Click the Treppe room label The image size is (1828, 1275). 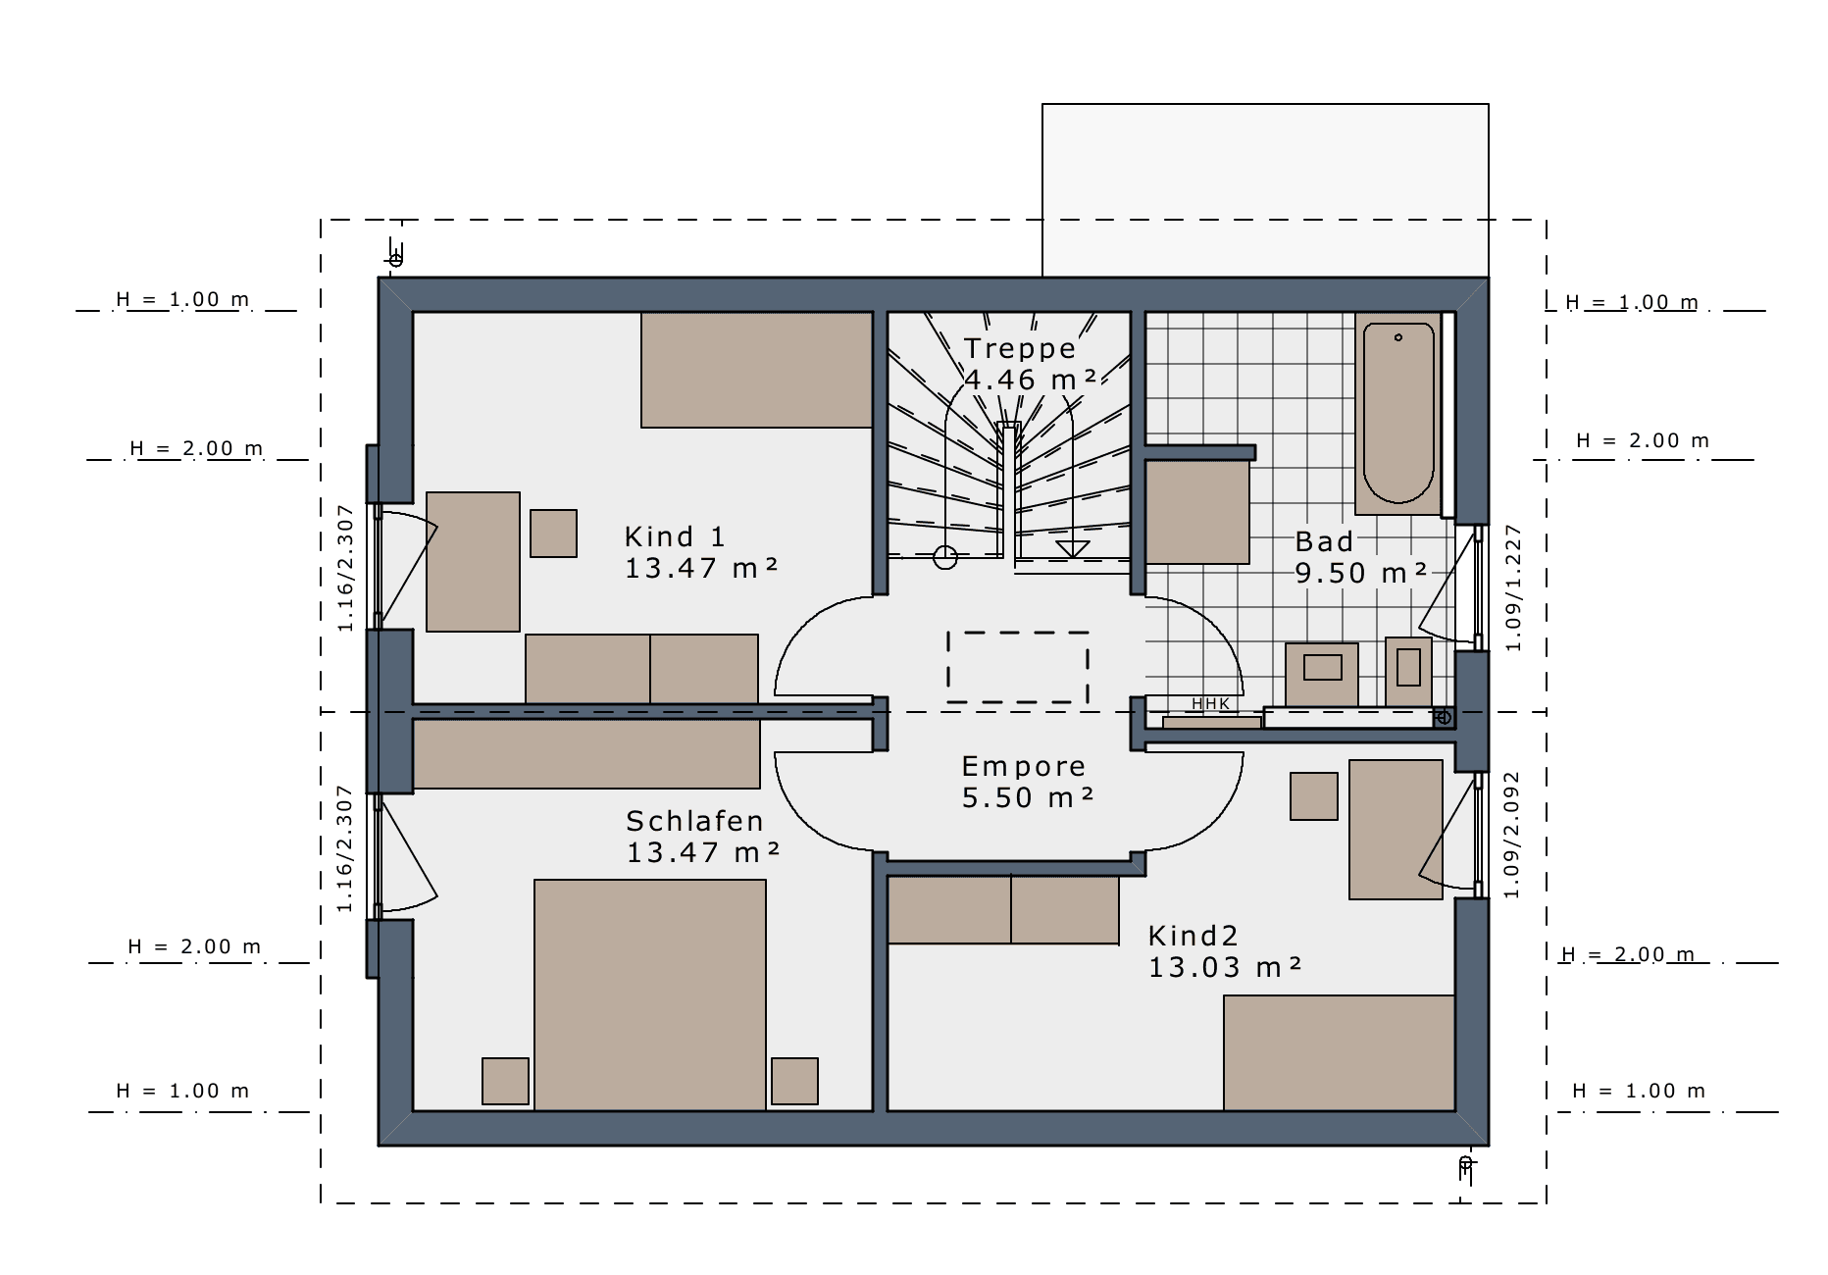point(1020,349)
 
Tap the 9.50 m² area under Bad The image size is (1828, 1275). point(1360,573)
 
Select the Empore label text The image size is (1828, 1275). point(1023,766)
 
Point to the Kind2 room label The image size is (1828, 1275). point(1193,936)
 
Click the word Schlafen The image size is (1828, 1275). point(694,821)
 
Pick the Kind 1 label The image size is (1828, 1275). point(675,536)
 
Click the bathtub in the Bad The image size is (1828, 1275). point(1398,413)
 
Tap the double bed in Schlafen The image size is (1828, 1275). point(650,994)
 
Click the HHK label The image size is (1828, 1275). point(1210,704)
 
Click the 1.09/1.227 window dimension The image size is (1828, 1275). point(1513,587)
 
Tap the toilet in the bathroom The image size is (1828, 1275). point(1408,671)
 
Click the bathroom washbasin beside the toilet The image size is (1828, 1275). point(1322,674)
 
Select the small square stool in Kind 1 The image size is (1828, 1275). point(553,534)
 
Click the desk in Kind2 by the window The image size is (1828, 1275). point(1396,830)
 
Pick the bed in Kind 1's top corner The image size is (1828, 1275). point(757,370)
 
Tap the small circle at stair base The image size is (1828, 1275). point(945,557)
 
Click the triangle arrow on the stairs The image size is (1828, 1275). point(1073,549)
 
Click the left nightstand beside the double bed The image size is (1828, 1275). point(505,1081)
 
